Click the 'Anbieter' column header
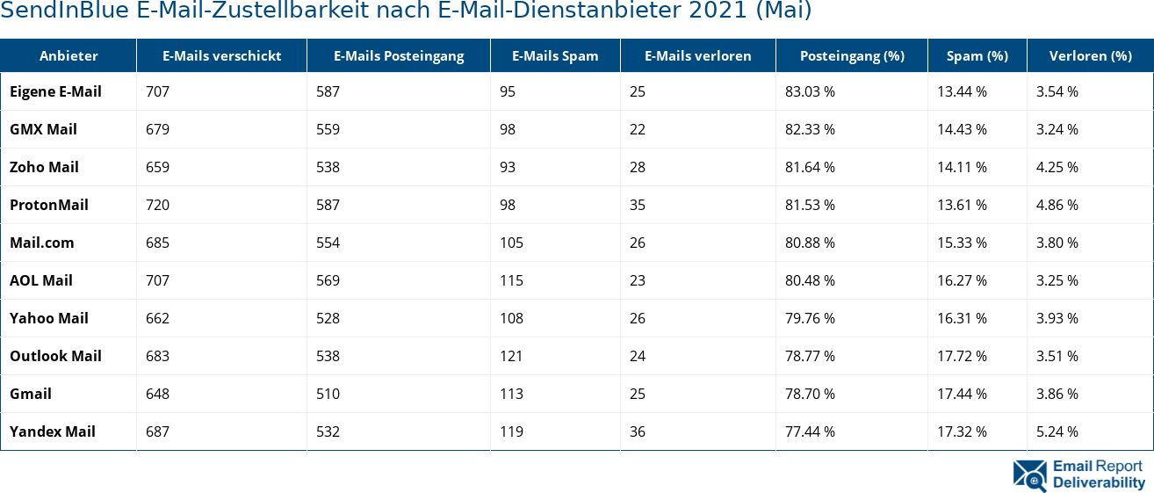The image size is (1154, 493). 69,55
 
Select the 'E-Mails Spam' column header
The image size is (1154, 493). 555,55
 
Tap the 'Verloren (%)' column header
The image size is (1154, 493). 1090,55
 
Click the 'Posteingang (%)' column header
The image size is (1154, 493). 851,55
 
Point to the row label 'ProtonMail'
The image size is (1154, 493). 49,205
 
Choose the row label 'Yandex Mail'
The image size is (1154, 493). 53,431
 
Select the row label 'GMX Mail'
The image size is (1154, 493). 43,129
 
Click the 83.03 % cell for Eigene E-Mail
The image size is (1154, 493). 810,91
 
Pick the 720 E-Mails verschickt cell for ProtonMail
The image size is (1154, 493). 157,205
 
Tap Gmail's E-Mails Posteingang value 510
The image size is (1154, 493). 328,394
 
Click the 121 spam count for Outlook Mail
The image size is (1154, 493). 511,356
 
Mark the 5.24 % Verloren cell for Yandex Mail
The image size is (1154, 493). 1057,431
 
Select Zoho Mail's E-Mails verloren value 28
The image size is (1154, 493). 638,167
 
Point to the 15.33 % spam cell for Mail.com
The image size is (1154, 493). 962,243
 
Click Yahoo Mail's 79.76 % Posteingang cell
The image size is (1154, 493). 810,318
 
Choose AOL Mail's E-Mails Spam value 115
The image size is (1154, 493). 511,280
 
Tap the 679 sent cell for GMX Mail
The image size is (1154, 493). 157,129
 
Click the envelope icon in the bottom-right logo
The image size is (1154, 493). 1029,475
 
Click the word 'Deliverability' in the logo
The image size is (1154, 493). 1099,482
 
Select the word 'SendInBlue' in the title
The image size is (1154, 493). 65,11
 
